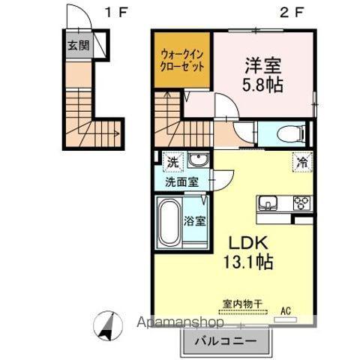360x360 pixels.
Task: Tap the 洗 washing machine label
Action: tap(172, 160)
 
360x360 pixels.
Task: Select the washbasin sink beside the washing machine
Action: tap(199, 160)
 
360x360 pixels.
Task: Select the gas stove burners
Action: tap(301, 202)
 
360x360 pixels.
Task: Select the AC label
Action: tap(286, 307)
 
